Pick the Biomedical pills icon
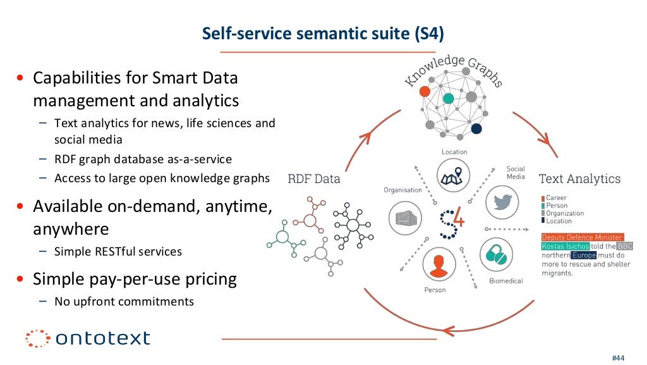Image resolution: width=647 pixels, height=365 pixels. (497, 255)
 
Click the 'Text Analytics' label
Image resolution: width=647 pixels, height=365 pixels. (579, 179)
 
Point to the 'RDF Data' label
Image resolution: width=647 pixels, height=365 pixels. (313, 178)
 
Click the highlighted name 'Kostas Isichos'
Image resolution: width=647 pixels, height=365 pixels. (565, 246)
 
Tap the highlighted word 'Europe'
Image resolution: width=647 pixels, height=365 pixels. (583, 255)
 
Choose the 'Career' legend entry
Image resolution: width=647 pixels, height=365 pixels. (556, 198)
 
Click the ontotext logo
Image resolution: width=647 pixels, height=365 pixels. (88, 338)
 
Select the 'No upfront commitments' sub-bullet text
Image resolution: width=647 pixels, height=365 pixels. (124, 301)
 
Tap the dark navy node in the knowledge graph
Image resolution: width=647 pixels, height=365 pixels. (476, 129)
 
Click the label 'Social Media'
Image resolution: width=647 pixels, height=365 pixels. (516, 173)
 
